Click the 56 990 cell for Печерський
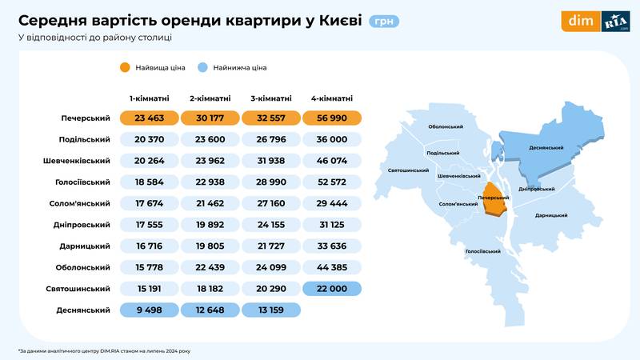(333, 118)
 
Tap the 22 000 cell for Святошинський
(333, 288)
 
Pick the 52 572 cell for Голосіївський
(333, 182)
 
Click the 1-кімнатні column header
(149, 98)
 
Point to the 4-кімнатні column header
(333, 98)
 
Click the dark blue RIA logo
(615, 22)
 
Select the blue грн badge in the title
(384, 21)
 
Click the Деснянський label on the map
(547, 148)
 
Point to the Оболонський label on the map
(446, 126)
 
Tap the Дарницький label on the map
(551, 215)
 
